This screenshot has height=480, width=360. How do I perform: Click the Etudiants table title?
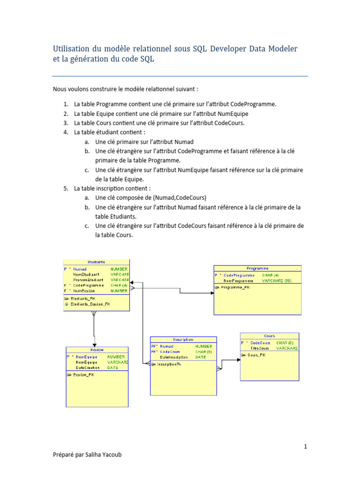coord(96,262)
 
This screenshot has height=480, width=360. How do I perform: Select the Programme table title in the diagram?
coord(257,268)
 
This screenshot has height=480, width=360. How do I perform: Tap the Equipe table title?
coord(97,350)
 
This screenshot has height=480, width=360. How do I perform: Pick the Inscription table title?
coord(183,339)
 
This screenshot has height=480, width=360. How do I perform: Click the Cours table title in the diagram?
coord(270,336)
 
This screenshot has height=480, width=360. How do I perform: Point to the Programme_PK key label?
coord(235,287)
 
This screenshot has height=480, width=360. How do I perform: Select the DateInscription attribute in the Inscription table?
coord(173,357)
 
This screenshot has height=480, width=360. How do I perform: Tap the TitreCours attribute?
coord(260,348)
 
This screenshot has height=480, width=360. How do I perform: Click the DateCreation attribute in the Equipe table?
coord(87,368)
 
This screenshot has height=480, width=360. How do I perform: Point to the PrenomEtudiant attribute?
coord(88,280)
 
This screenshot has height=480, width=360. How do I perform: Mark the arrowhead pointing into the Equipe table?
coord(95,345)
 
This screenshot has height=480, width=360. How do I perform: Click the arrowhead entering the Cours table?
coord(238,360)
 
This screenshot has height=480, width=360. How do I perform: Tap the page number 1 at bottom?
coord(305,447)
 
